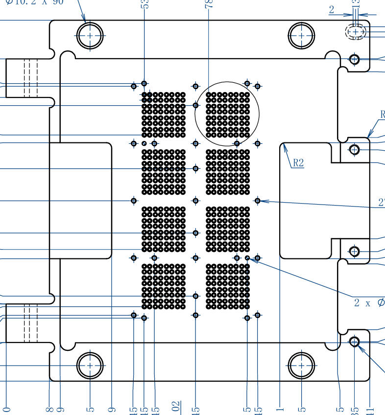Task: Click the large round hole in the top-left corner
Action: click(90, 36)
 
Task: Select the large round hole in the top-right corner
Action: click(302, 36)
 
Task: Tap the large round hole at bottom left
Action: click(90, 366)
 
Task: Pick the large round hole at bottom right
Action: click(302, 366)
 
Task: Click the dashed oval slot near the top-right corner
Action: click(356, 32)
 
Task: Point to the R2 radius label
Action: click(298, 163)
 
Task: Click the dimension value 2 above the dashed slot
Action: click(332, 9)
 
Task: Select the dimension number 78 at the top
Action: click(209, 4)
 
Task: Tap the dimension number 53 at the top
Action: click(144, 4)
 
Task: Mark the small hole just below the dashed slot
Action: click(355, 60)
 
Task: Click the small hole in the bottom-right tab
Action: click(355, 341)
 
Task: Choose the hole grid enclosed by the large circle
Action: click(228, 115)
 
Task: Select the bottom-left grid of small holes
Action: click(164, 286)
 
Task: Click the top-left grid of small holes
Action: click(164, 115)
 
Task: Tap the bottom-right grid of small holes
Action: click(228, 286)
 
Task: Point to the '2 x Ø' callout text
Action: click(369, 303)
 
